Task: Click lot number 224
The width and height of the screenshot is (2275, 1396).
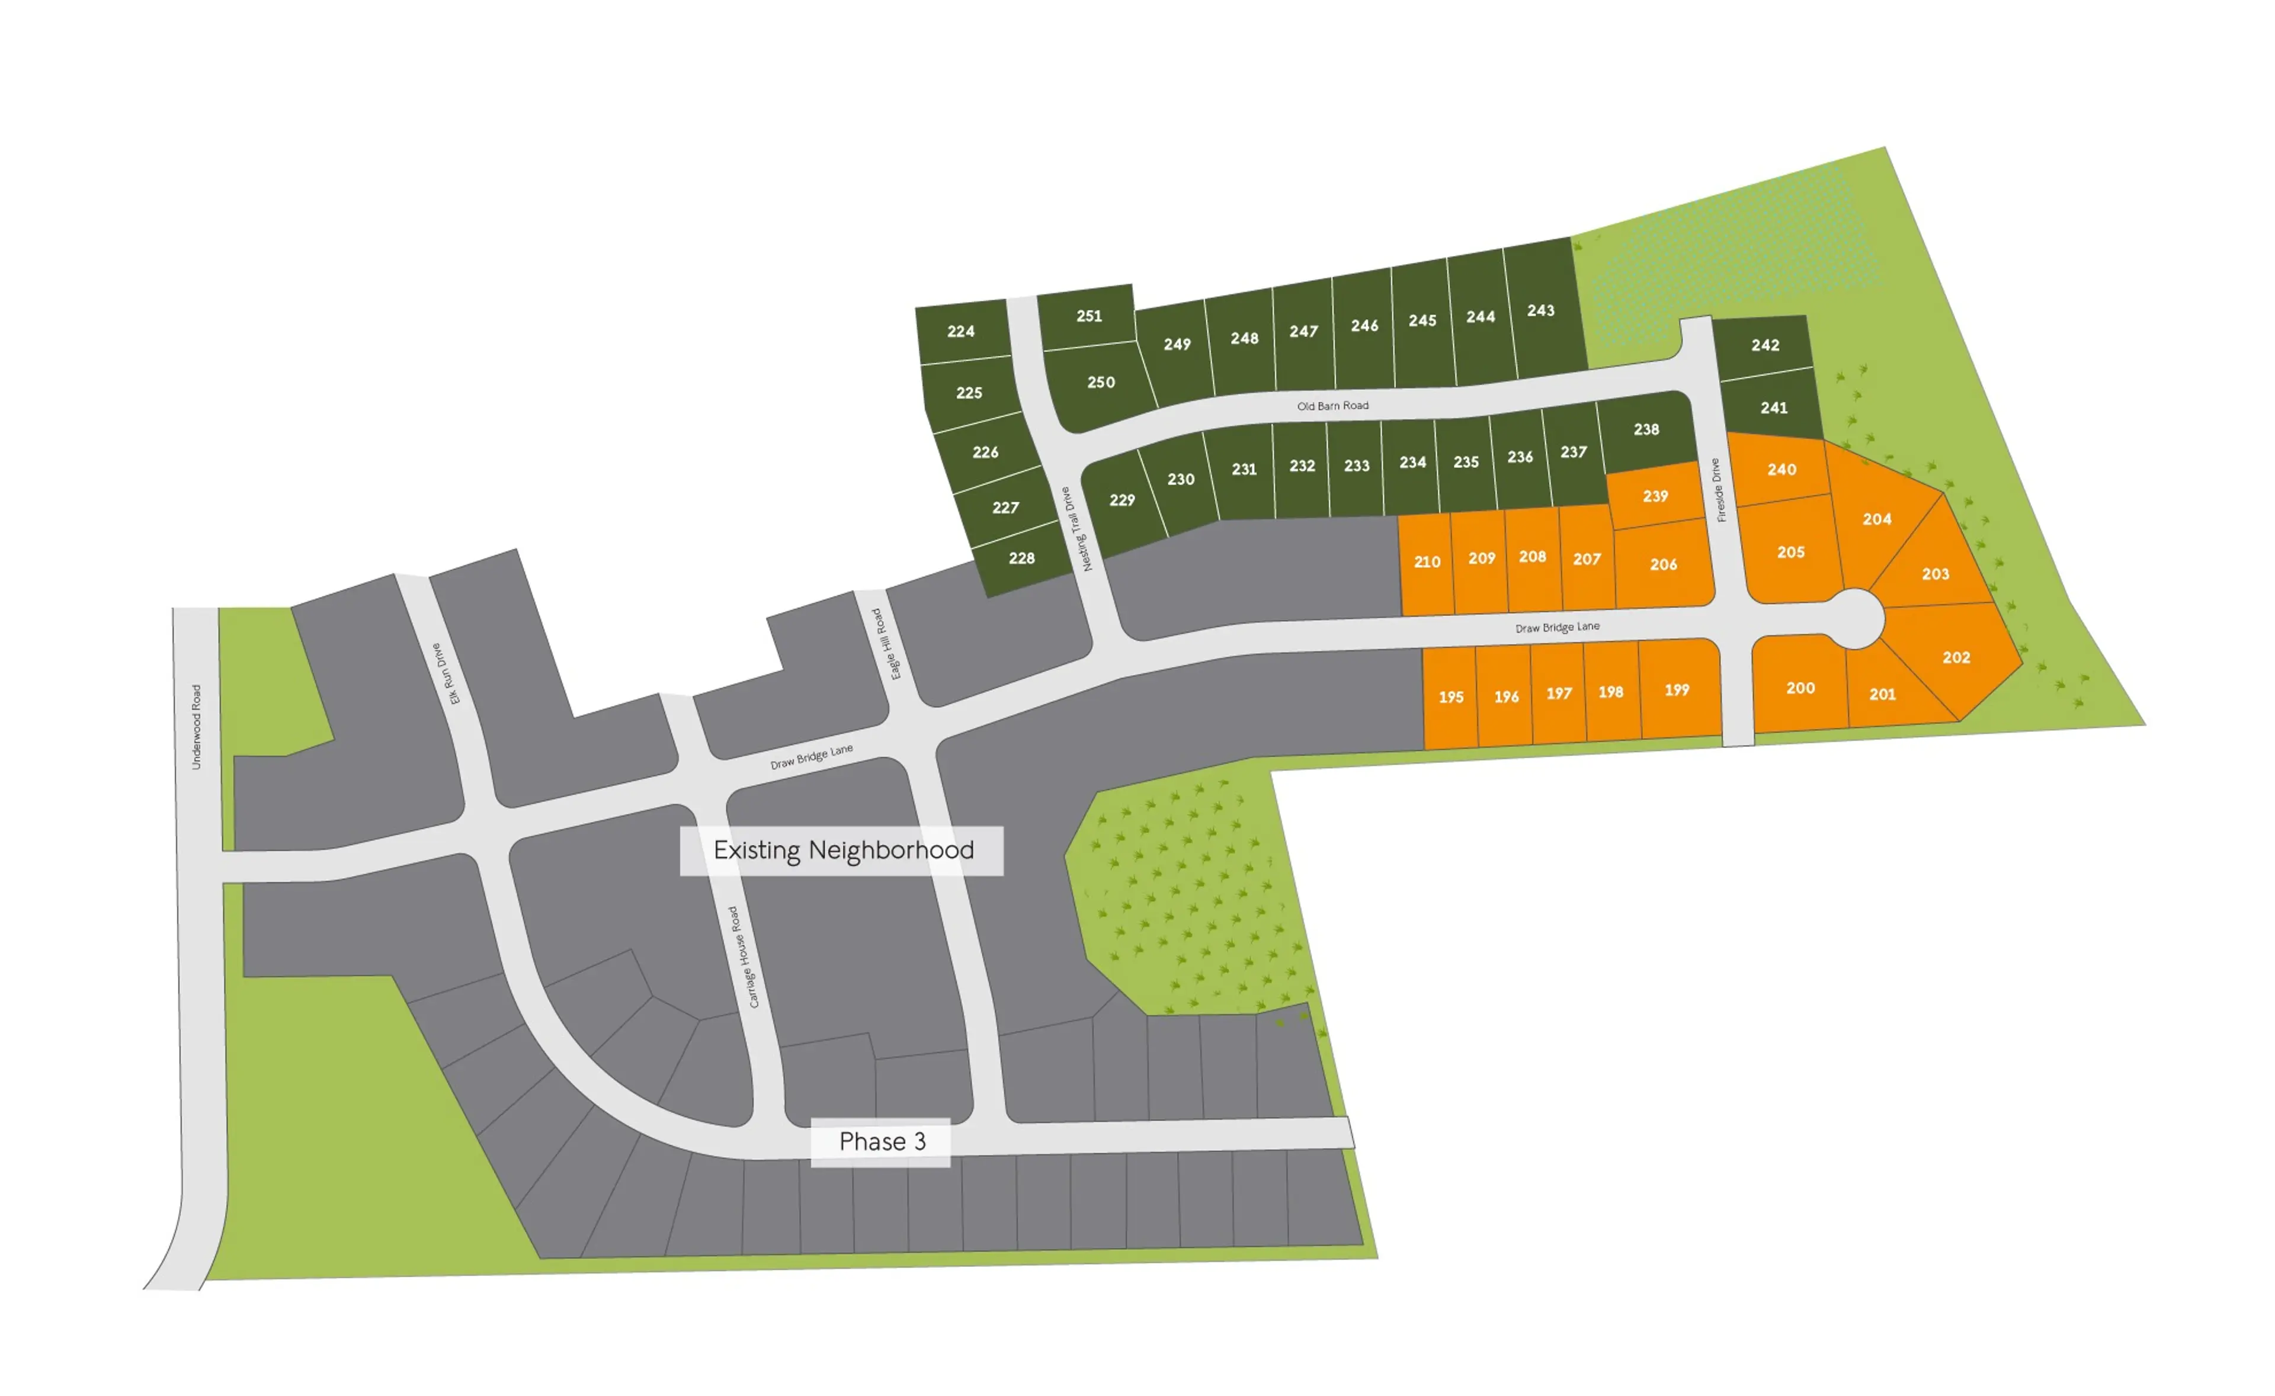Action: tap(960, 332)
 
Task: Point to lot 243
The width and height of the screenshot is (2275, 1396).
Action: tap(1540, 311)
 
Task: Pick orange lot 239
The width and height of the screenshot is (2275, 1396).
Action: tap(1655, 496)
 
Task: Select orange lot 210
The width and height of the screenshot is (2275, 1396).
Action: tap(1427, 562)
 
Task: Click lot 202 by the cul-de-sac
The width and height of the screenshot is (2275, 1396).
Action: tap(1956, 657)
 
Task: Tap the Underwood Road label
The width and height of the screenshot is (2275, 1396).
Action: tap(196, 727)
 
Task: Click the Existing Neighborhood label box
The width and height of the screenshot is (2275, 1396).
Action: tap(842, 851)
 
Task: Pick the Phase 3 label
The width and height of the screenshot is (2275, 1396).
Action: tap(881, 1142)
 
